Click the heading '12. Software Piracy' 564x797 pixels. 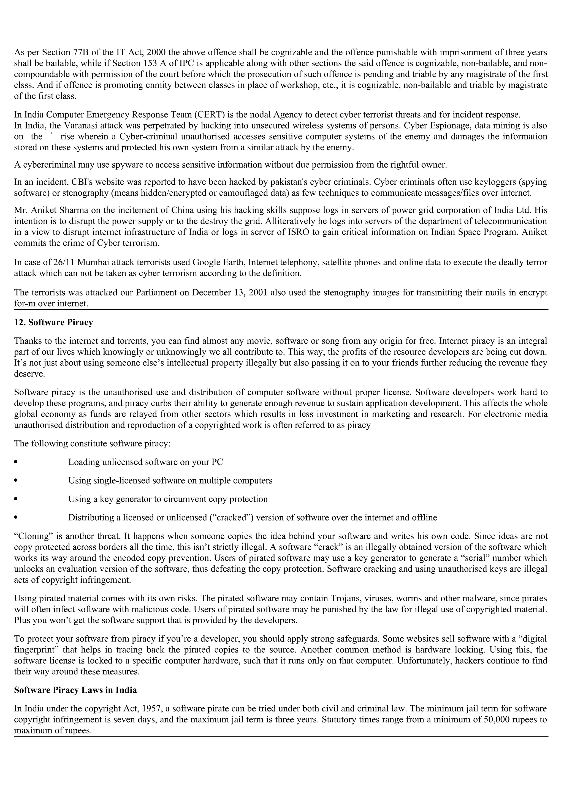point(53,323)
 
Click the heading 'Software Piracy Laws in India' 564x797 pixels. point(75,690)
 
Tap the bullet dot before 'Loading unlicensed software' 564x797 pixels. point(16,462)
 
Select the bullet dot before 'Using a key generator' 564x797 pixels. point(16,499)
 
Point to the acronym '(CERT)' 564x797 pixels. point(209,114)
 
